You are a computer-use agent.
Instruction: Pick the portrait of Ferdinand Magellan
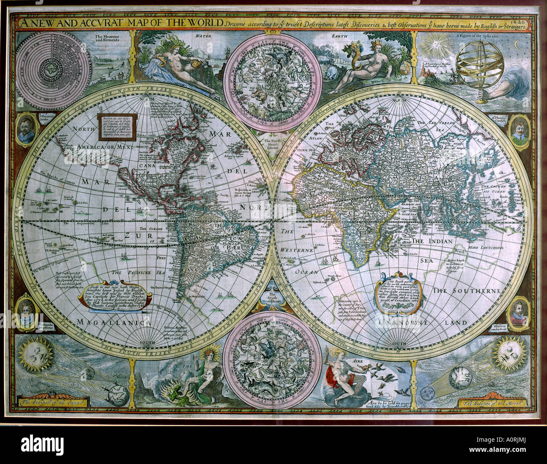(x=27, y=313)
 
